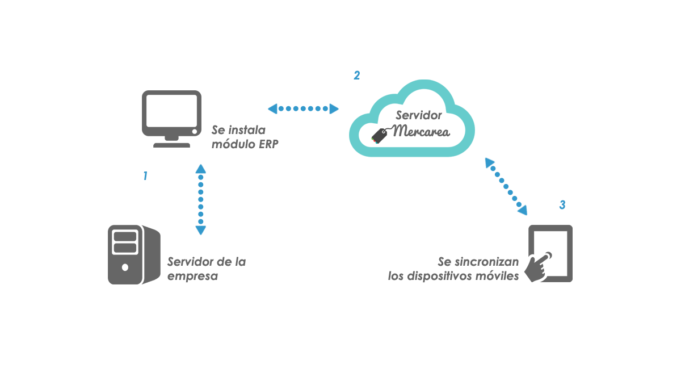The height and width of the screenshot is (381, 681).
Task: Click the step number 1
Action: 145,177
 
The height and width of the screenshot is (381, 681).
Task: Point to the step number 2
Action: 356,76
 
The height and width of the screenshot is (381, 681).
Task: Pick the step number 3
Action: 562,205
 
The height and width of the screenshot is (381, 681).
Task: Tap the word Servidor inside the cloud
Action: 419,115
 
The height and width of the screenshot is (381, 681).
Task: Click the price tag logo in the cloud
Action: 379,135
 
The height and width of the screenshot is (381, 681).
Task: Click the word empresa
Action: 193,277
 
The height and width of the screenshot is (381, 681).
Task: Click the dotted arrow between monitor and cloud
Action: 303,108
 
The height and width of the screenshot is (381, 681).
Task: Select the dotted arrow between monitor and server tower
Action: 200,199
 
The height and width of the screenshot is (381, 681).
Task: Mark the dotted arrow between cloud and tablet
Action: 506,186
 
